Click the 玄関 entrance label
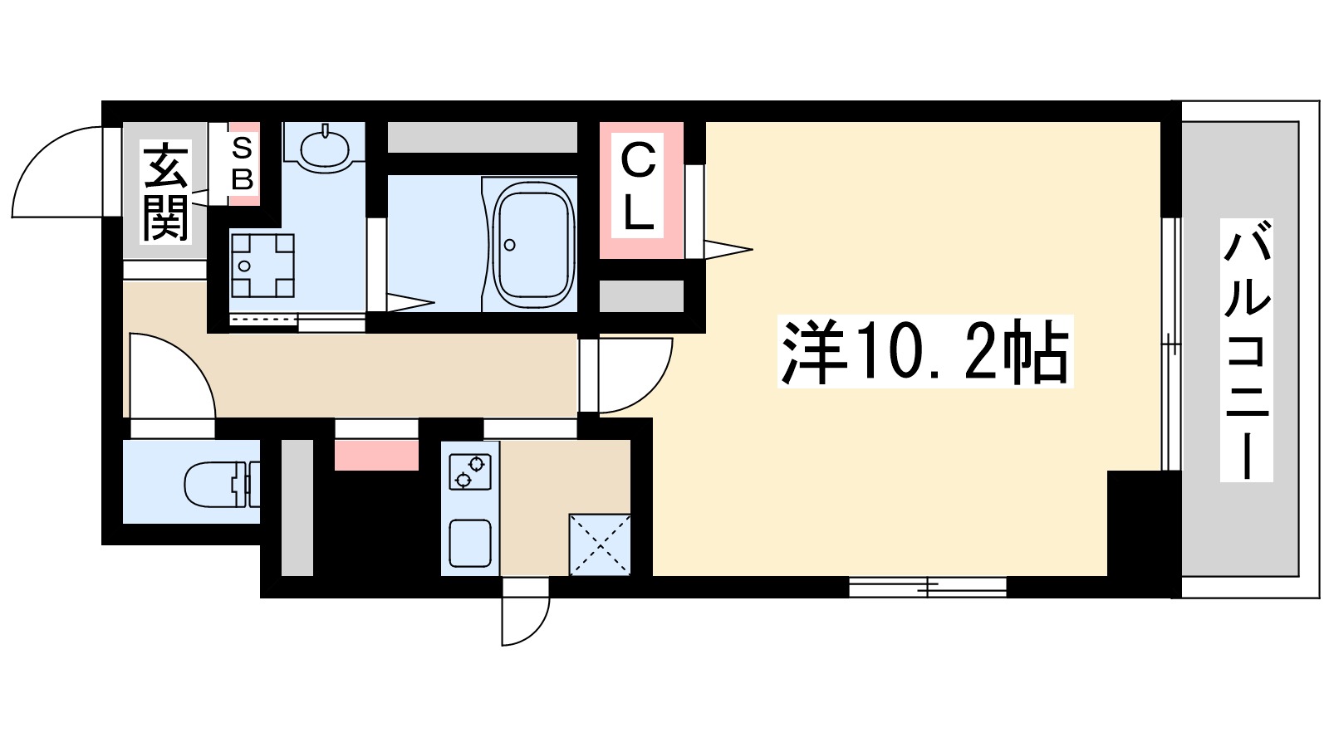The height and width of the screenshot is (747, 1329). click(166, 191)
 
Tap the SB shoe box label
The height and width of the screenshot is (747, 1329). click(242, 164)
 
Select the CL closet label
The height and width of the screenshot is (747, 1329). click(638, 188)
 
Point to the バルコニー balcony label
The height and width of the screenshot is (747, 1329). click(1246, 349)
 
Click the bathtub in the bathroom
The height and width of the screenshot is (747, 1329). click(533, 246)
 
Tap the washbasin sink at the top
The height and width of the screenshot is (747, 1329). click(325, 149)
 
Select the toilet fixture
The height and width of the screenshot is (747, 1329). click(218, 483)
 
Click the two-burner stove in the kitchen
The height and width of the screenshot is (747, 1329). click(470, 471)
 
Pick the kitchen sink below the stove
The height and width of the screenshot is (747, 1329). click(470, 542)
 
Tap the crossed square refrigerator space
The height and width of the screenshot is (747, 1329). click(600, 544)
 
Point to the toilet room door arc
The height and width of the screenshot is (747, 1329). click(173, 373)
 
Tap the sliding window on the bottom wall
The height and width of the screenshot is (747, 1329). click(927, 588)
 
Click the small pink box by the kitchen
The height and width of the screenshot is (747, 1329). click(376, 455)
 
